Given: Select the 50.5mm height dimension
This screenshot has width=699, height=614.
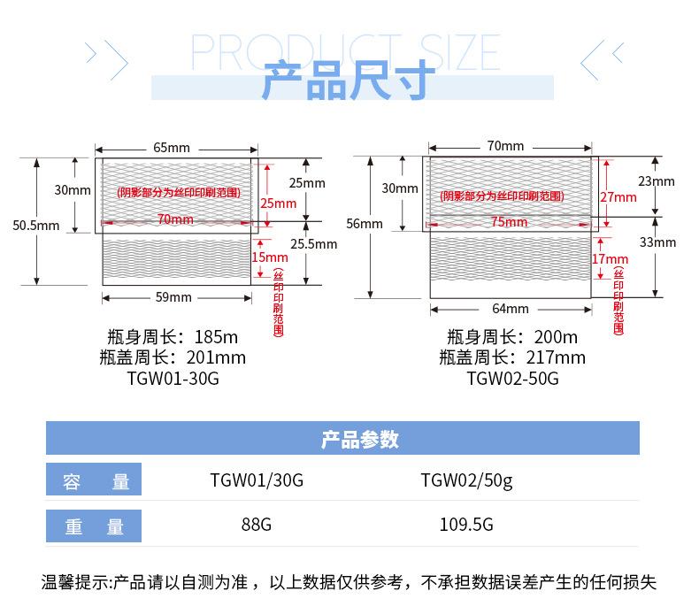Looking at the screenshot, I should pyautogui.click(x=36, y=226).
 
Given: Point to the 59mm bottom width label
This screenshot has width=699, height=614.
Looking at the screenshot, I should pyautogui.click(x=173, y=297).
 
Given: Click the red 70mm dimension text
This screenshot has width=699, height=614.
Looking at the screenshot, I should pyautogui.click(x=174, y=219).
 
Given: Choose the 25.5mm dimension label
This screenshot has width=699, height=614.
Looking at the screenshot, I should pyautogui.click(x=314, y=244).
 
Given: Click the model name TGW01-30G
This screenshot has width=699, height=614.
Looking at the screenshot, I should pyautogui.click(x=173, y=379).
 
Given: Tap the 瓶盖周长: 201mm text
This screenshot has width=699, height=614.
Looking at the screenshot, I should pyautogui.click(x=173, y=357).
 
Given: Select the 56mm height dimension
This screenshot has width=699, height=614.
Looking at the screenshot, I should pyautogui.click(x=365, y=224).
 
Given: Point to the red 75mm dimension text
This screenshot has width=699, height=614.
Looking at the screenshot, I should pyautogui.click(x=509, y=222).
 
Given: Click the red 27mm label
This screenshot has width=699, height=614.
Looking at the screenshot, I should pyautogui.click(x=618, y=196).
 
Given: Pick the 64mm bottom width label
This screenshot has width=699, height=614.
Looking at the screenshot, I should pyautogui.click(x=511, y=309).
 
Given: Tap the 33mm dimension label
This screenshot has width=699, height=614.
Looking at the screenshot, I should pyautogui.click(x=657, y=242).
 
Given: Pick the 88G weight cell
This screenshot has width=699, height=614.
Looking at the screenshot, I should pyautogui.click(x=257, y=524).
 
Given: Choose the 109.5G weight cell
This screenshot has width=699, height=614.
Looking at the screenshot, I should pyautogui.click(x=466, y=524).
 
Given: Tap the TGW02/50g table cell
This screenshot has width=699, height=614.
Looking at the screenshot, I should pyautogui.click(x=466, y=481).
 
